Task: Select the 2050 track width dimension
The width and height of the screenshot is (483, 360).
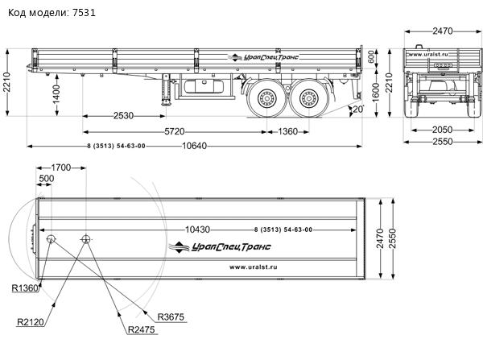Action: tap(440, 130)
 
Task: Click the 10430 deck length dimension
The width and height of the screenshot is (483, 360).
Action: tap(198, 230)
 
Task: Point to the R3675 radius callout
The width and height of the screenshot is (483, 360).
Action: tap(171, 317)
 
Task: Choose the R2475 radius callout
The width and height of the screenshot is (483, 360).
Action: tap(142, 330)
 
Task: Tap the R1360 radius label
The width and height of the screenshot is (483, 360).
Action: tap(25, 288)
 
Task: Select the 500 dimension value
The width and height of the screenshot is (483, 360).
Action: tap(47, 179)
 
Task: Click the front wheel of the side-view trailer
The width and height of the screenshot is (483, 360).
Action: tap(266, 101)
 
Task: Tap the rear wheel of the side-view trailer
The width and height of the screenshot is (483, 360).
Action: tap(308, 101)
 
